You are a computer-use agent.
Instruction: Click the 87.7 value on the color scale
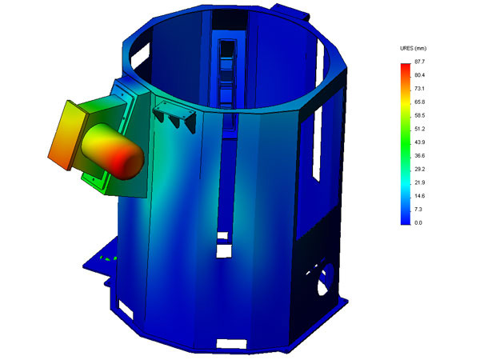[x=420, y=62]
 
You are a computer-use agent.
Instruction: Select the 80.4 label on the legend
[x=420, y=75]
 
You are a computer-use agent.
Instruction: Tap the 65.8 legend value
[x=420, y=102]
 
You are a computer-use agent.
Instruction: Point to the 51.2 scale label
[x=420, y=129]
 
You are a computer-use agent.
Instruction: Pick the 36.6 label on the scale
[x=420, y=156]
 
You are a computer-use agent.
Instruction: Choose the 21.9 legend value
[x=420, y=182]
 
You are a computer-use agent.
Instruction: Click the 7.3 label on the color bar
[x=418, y=210]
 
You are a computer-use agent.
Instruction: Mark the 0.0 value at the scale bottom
[x=418, y=223]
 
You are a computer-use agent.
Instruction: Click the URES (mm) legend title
[x=414, y=48]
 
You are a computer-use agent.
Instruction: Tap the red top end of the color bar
[x=406, y=66]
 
